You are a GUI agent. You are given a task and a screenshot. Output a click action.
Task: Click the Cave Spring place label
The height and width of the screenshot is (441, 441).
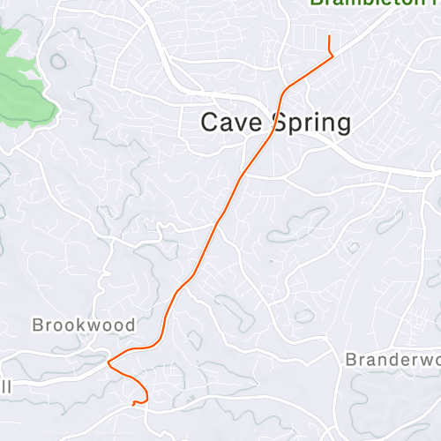point(275,123)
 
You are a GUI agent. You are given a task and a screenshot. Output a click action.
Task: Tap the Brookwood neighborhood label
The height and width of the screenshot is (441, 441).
point(84,325)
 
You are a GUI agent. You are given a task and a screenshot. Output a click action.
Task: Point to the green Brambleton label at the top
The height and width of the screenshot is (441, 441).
point(375,4)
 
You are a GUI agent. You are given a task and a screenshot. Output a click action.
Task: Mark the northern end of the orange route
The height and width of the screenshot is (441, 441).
point(329,36)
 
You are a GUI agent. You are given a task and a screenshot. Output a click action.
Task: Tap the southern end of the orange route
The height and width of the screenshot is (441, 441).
point(133,404)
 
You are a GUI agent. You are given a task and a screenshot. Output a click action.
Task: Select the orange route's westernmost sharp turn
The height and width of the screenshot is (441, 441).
point(108,362)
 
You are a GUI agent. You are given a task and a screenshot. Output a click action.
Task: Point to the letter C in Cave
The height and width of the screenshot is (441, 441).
point(209,123)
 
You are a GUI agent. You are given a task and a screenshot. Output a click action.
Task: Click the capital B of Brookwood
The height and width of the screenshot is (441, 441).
point(38,325)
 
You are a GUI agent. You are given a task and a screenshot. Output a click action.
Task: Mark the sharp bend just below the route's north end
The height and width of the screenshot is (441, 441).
point(333,56)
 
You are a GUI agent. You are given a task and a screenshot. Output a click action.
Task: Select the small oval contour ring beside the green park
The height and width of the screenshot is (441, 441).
point(59,63)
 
